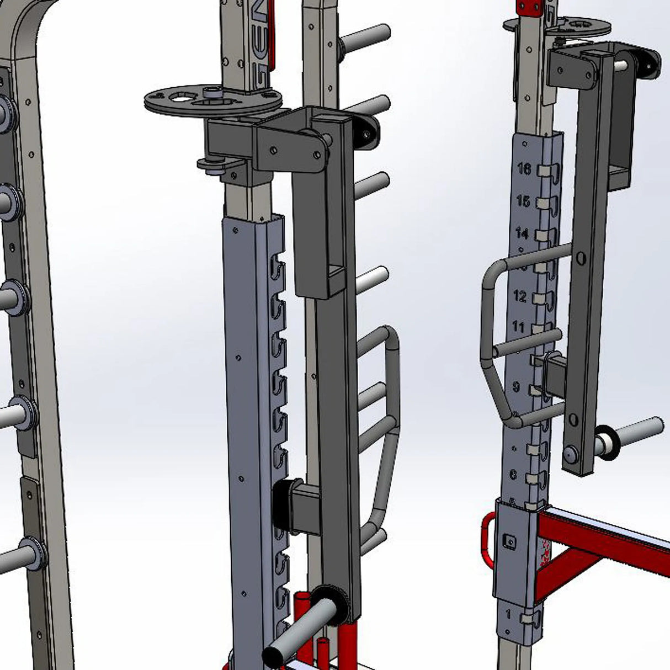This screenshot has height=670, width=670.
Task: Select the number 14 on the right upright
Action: [x=522, y=232]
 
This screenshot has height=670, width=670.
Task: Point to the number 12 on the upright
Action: [x=520, y=296]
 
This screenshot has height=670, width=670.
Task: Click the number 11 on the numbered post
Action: [x=518, y=327]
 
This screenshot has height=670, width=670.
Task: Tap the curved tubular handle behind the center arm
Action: [x=386, y=419]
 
